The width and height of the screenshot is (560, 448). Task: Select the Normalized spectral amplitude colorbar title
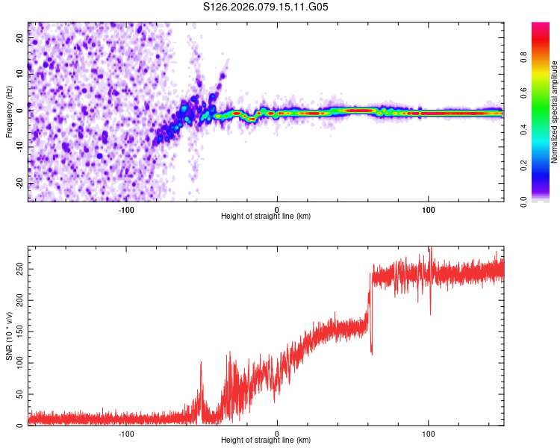(x=555, y=111)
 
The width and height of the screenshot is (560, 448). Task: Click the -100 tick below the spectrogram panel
(x=125, y=209)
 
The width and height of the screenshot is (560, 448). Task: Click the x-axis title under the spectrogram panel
(x=266, y=217)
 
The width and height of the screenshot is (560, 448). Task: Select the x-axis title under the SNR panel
(x=266, y=441)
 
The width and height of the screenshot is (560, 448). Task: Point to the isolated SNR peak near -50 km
(x=201, y=363)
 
